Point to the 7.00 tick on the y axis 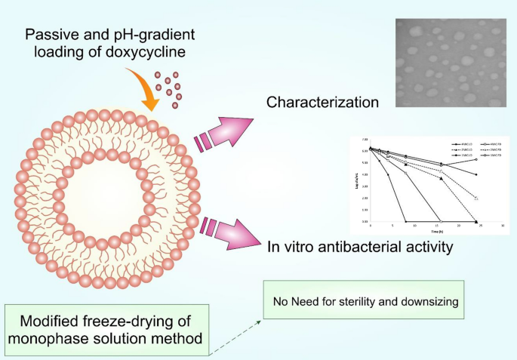click(365, 140)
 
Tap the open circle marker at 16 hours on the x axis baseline click(440, 222)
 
